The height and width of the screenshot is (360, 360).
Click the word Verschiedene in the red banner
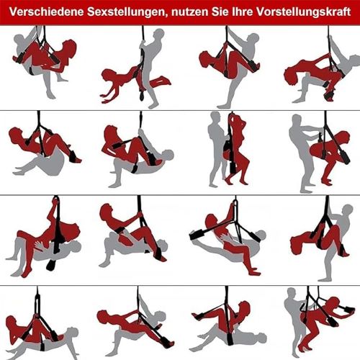click(47, 12)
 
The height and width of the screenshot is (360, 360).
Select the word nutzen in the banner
click(189, 12)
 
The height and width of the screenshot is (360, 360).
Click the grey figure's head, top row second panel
click(159, 35)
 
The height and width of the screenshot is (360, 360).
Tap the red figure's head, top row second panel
click(107, 76)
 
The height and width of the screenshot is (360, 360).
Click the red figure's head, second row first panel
click(15, 135)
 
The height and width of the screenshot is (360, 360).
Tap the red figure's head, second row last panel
click(343, 138)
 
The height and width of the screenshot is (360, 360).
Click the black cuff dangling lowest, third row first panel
click(51, 264)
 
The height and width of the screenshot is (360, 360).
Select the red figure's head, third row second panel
click(107, 211)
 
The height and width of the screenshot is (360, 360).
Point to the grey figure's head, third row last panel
click(348, 211)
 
